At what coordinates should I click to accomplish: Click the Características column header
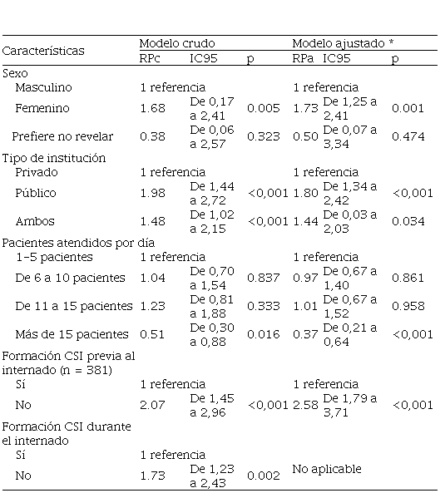click(43, 51)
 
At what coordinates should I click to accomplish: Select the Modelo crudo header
click(177, 43)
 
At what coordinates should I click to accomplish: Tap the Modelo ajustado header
click(343, 43)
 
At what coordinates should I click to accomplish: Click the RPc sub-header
click(150, 58)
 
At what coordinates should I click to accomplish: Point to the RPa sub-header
click(304, 58)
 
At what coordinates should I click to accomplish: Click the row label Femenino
click(42, 108)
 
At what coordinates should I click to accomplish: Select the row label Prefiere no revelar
click(62, 136)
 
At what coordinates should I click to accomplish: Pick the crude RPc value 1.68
click(152, 108)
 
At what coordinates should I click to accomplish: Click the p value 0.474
click(408, 136)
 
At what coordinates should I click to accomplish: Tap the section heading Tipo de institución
click(54, 158)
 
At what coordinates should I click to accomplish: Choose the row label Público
click(36, 193)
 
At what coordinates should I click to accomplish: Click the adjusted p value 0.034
click(408, 221)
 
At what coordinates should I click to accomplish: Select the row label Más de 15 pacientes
click(72, 334)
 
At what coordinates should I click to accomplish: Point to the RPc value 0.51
click(152, 334)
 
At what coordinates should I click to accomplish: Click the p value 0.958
click(408, 306)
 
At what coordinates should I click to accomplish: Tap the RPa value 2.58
click(305, 405)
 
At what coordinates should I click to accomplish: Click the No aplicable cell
click(327, 469)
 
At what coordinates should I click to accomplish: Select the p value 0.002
click(263, 476)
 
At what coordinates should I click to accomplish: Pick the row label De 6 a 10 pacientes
click(70, 278)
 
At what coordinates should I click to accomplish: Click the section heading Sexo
click(15, 73)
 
